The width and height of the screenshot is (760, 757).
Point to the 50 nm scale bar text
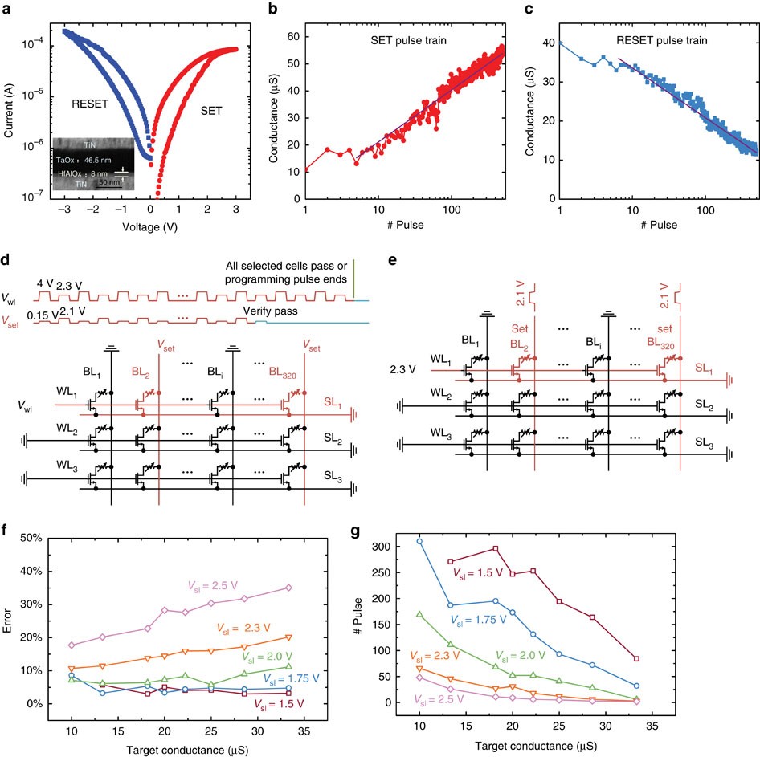(x=109, y=183)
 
